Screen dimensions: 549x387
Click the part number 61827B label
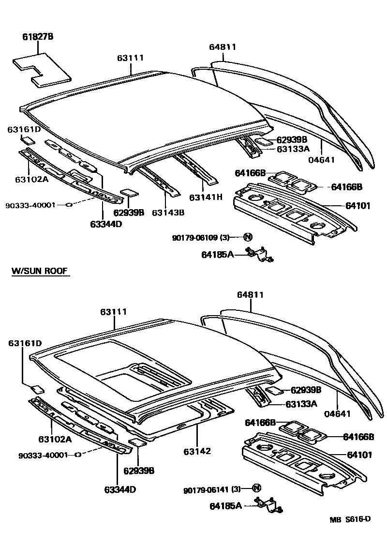point(37,37)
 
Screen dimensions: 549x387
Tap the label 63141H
point(205,198)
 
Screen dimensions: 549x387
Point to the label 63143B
point(168,213)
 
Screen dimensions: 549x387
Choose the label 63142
point(197,451)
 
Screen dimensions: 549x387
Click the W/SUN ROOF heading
point(40,272)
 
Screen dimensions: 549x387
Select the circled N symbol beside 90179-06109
point(248,237)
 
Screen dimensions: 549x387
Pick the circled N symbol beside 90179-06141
point(256,488)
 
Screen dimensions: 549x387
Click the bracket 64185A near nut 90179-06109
point(259,255)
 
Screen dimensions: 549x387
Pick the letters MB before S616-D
point(336,519)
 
